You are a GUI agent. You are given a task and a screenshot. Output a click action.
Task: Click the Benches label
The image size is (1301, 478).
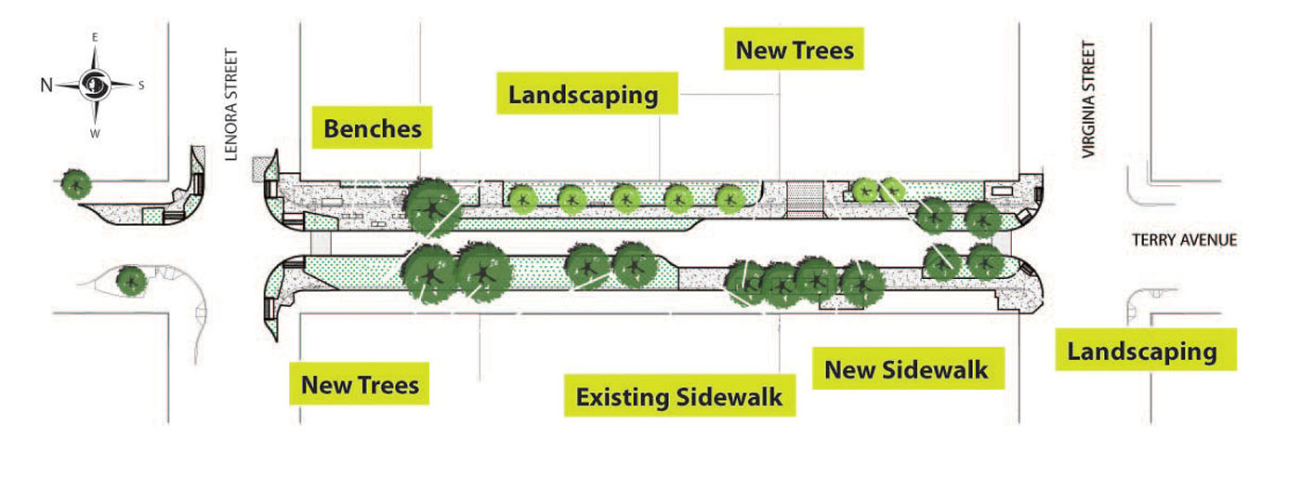coord(373,127)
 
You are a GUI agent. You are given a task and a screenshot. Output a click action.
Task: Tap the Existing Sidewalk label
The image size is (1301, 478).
coord(679,395)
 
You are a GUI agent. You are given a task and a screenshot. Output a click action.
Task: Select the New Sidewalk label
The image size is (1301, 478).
coord(908,368)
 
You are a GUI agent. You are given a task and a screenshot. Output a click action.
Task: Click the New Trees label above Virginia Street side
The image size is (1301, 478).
coord(794,49)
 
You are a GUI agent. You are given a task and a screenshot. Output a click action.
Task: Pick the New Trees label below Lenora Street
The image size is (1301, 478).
coord(360,384)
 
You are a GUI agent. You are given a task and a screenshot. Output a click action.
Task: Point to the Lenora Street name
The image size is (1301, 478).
coord(231,105)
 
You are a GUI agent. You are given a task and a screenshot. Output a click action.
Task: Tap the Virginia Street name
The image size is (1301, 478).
coord(1088,99)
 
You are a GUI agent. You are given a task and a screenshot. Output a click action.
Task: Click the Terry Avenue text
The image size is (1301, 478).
coord(1184,240)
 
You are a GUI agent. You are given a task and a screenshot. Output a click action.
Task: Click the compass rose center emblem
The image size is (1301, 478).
coord(94,86)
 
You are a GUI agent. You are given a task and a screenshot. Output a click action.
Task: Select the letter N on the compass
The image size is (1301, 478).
coord(46,86)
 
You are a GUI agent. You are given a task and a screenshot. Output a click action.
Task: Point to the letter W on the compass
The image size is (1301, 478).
coord(95,134)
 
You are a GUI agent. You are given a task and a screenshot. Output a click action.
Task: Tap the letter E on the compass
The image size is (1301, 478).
coord(95,37)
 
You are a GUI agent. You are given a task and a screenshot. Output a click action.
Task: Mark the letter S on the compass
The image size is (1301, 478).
coord(141,86)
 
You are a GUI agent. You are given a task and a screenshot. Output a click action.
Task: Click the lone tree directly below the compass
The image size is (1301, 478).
coord(76,184)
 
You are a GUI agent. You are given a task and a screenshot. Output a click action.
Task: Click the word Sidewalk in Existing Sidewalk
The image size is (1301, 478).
coord(729,396)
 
